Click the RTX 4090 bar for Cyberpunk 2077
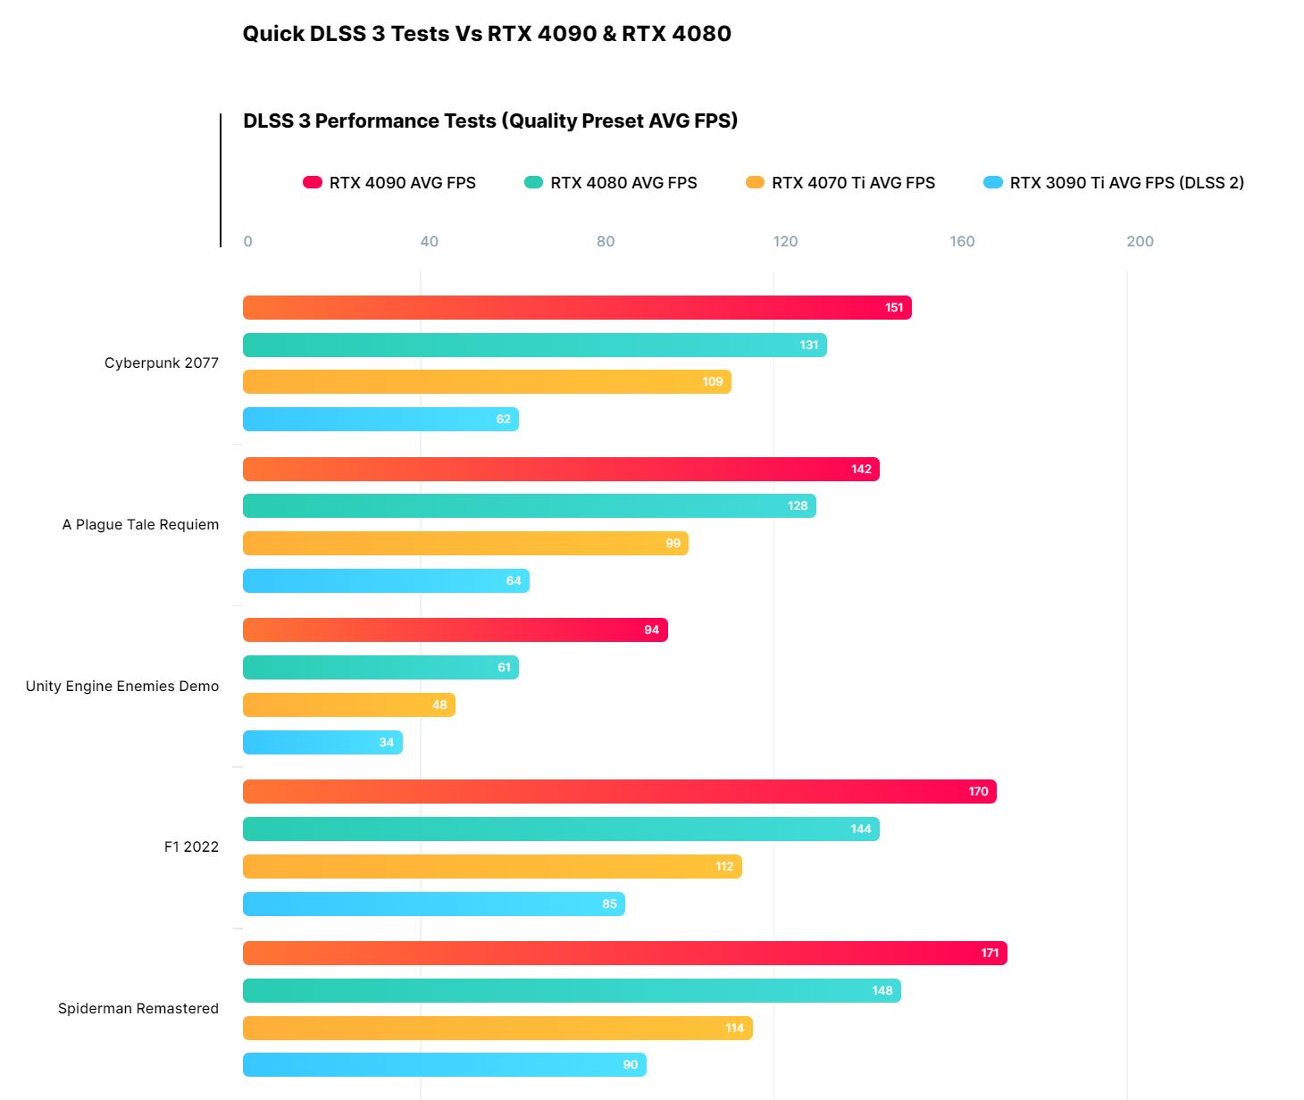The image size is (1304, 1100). click(577, 308)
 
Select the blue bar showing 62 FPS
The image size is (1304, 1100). click(380, 420)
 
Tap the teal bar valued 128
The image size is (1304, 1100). click(529, 506)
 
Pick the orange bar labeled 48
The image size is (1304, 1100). click(348, 705)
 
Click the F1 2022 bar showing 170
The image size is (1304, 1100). click(619, 792)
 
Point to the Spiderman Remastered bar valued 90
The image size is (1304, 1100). click(444, 1065)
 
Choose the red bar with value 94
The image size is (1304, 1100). click(455, 630)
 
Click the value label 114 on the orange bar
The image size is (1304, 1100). click(734, 1029)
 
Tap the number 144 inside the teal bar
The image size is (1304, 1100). click(860, 829)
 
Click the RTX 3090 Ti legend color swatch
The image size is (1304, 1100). click(992, 182)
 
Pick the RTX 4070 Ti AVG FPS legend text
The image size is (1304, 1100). click(853, 183)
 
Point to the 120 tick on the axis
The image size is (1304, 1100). click(785, 241)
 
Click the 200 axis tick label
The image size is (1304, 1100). click(1140, 241)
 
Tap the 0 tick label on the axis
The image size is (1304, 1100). click(247, 241)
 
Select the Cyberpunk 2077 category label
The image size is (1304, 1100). click(161, 363)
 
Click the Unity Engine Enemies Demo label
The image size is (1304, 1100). click(122, 686)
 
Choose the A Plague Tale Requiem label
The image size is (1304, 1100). click(140, 525)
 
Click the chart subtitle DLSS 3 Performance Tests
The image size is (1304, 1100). click(490, 121)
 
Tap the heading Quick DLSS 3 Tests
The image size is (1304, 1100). click(487, 34)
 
